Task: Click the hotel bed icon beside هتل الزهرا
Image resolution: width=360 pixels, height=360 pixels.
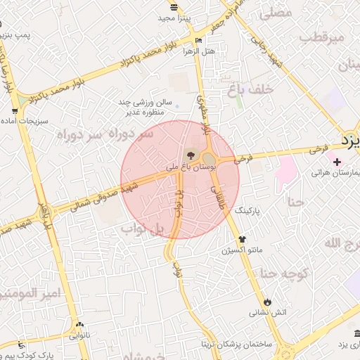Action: pyautogui.click(x=200, y=40)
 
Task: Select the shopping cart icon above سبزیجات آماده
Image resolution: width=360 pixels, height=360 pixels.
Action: pyautogui.click(x=15, y=111)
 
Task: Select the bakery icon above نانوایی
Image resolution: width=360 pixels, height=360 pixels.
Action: pyautogui.click(x=79, y=326)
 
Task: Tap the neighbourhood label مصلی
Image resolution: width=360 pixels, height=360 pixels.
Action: pyautogui.click(x=276, y=13)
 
